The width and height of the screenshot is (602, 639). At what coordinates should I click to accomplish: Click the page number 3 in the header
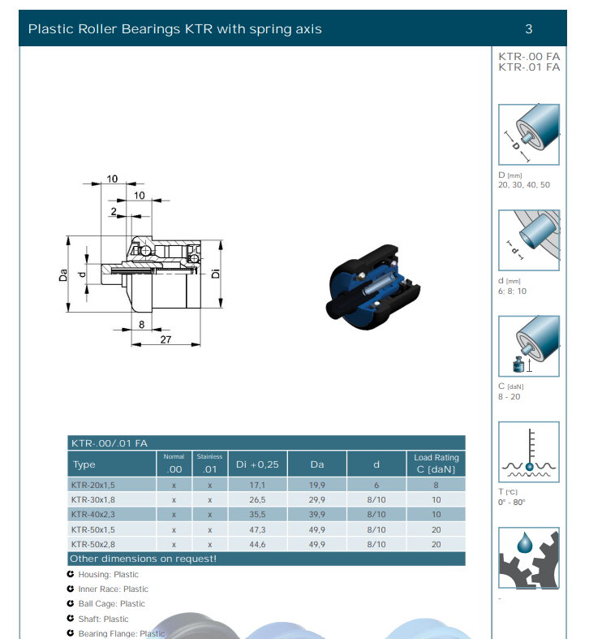pos(529,29)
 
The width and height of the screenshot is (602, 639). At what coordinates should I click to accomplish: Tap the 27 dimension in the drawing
pos(166,339)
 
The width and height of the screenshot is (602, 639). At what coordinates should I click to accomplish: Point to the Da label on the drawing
pos(63,275)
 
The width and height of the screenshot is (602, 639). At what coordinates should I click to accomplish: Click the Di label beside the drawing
pos(216,274)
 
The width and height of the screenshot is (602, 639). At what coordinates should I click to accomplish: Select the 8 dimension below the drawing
pos(141,325)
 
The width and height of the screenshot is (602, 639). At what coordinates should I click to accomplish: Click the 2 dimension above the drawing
pos(114,211)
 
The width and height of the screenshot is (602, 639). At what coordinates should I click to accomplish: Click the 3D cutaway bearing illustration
pos(373,287)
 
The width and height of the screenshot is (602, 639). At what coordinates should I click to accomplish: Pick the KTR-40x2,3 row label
pos(92,514)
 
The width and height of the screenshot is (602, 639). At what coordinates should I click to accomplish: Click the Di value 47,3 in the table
pos(257,529)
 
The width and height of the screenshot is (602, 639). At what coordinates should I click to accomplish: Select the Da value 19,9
pos(317,485)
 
